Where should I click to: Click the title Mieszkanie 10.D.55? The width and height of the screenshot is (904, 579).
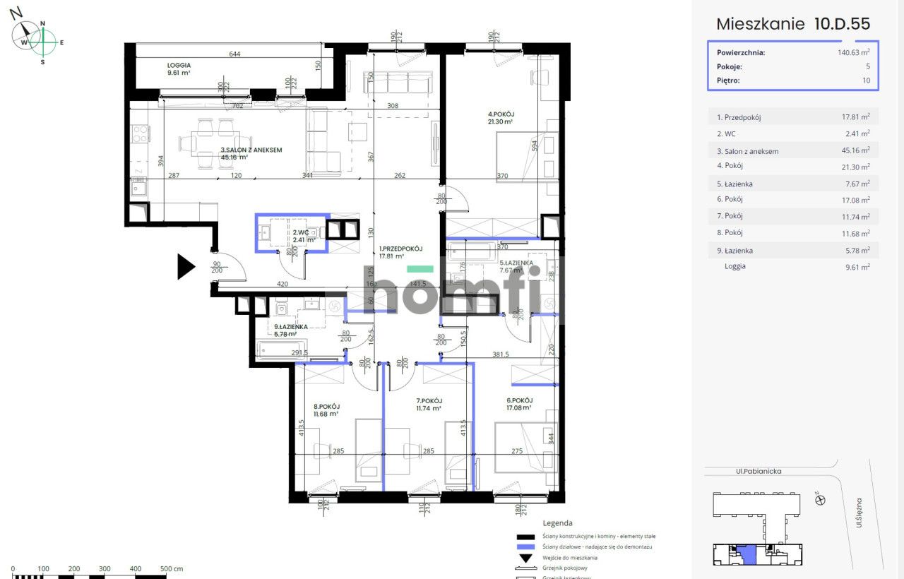click(793, 23)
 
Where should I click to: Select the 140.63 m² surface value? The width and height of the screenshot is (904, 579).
click(853, 52)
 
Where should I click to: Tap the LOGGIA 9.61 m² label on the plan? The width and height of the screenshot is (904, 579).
click(160, 68)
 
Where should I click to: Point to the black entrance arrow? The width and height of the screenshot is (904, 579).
click(185, 267)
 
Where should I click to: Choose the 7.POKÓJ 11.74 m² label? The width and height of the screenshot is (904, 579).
click(428, 404)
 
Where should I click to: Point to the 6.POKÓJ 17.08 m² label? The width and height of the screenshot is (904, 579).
click(518, 404)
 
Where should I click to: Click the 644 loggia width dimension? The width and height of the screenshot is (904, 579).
click(235, 54)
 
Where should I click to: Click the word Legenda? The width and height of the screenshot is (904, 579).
click(557, 523)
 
